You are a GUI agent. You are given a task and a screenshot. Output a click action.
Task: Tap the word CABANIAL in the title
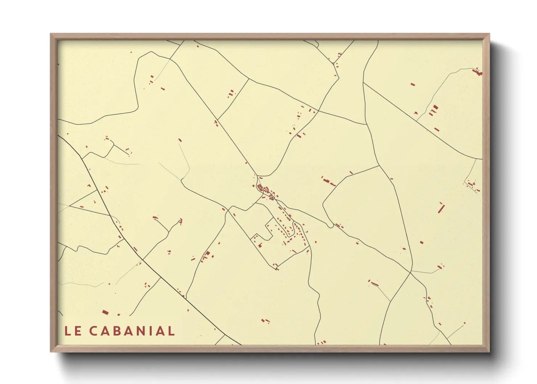pos(132,331)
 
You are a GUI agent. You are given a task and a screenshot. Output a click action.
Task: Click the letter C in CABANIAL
pos(93,331)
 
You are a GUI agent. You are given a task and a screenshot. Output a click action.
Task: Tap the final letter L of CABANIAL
pos(172,331)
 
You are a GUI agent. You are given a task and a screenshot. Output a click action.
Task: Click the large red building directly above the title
pos(105,312)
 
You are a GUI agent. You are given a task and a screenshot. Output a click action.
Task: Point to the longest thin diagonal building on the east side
pos(441,208)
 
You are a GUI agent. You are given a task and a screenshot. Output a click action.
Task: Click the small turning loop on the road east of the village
pos(330,226)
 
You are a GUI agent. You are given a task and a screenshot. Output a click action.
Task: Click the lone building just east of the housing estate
pos(315,242)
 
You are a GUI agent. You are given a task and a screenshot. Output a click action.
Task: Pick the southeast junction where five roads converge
pos(411,272)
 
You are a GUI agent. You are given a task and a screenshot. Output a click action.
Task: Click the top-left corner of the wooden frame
pos(51,34)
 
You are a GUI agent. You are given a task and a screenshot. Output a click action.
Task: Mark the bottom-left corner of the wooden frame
pos(51,351)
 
